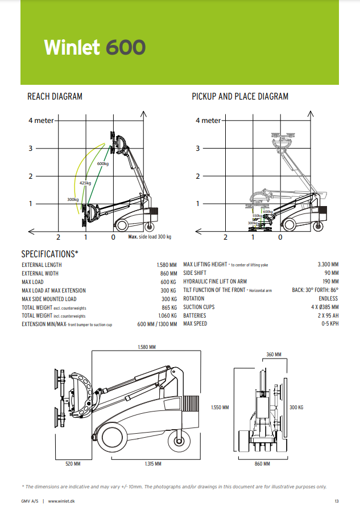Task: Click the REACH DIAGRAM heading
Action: pyautogui.click(x=55, y=97)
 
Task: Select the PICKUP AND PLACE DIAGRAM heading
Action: pyautogui.click(x=240, y=97)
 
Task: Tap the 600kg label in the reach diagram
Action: pyautogui.click(x=102, y=164)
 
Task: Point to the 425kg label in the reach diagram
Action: pyautogui.click(x=85, y=183)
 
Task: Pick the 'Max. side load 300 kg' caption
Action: pyautogui.click(x=150, y=237)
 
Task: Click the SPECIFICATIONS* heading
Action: pyautogui.click(x=50, y=254)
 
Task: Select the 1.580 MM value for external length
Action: pyautogui.click(x=167, y=265)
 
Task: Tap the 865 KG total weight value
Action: pyautogui.click(x=169, y=307)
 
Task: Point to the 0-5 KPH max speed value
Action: pyautogui.click(x=330, y=324)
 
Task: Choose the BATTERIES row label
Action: pyautogui.click(x=195, y=315)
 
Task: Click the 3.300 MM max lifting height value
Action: pyautogui.click(x=328, y=265)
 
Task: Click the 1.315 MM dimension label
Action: pyautogui.click(x=153, y=464)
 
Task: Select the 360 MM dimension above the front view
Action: pyautogui.click(x=274, y=355)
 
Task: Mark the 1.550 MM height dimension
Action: pyautogui.click(x=220, y=408)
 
